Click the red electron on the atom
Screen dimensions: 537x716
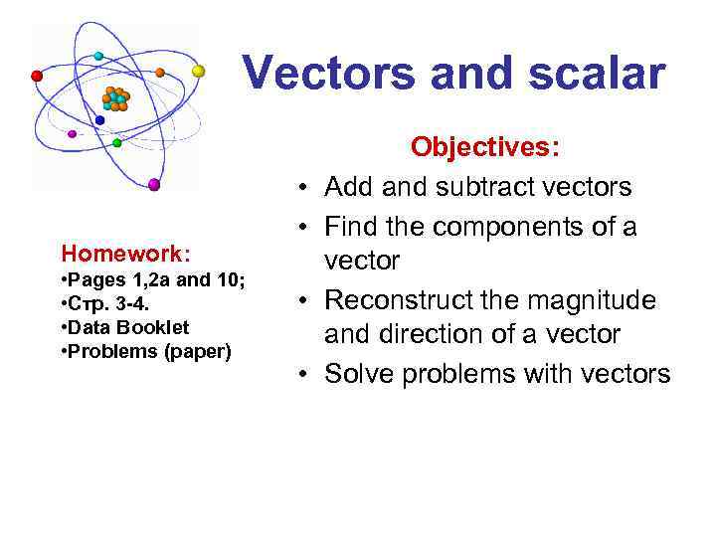pos(38,76)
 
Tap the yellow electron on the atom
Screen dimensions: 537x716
pos(198,71)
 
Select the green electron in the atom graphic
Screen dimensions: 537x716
pos(117,143)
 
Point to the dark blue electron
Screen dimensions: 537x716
pos(99,120)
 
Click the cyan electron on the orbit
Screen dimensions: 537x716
pos(98,56)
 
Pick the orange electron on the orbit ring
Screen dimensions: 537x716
pos(160,73)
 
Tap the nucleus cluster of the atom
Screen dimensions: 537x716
pos(116,98)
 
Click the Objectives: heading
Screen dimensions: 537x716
pos(486,148)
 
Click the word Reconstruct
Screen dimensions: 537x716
pos(407,299)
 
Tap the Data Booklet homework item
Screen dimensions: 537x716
pos(128,327)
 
